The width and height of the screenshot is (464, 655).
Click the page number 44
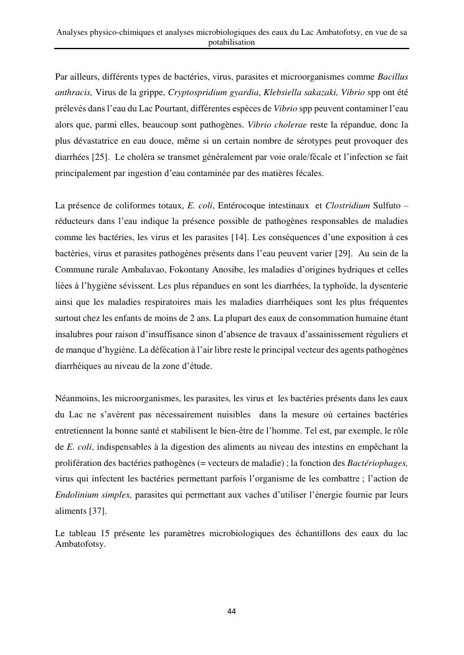point(232,611)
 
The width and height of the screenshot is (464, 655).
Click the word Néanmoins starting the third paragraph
point(77,397)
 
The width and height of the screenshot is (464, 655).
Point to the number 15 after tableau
point(96,533)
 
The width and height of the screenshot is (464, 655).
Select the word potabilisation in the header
point(232,42)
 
